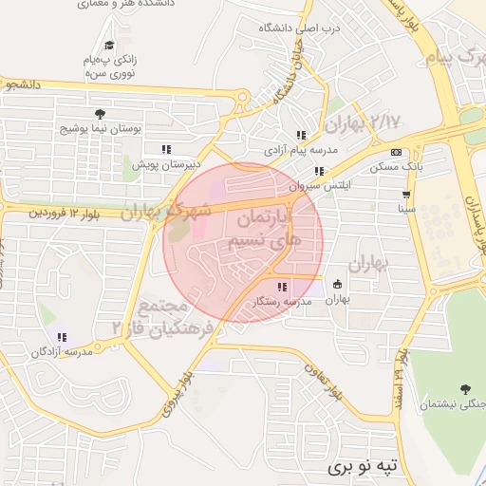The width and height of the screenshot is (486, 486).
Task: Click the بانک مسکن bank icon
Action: pos(396,152)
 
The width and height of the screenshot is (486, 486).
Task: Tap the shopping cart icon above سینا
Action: pos(406,193)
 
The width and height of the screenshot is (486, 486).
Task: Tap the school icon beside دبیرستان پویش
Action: pos(166,149)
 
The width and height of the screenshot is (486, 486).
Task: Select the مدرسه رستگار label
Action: pos(282,301)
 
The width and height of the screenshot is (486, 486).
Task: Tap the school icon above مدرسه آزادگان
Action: pos(63,337)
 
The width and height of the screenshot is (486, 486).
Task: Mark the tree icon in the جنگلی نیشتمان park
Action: pos(464,389)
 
